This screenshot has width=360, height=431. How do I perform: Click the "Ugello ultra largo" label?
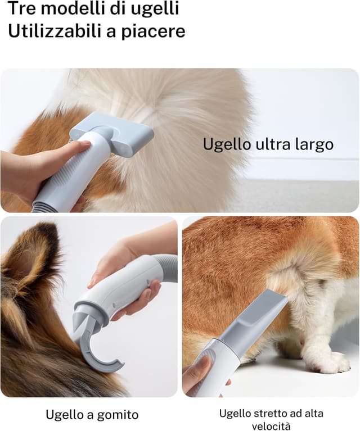click(x=268, y=144)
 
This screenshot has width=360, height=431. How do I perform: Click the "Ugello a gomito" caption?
click(x=92, y=415)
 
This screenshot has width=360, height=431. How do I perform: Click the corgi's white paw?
click(x=329, y=362)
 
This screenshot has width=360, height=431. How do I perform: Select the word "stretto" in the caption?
click(x=267, y=414)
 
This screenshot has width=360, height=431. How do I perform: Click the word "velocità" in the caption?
click(x=271, y=426)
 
